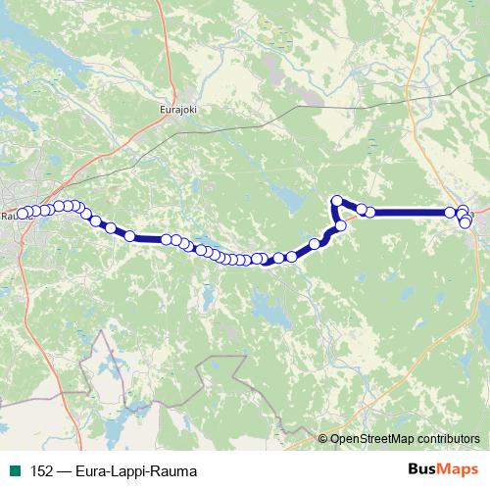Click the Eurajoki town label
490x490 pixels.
tap(177, 111)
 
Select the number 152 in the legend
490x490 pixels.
tap(39, 469)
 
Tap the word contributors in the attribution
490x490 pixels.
tap(450, 439)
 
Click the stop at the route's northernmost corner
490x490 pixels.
tap(338, 202)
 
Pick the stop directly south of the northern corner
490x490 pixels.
tap(341, 226)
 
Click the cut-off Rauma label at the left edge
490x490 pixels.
tap(8, 215)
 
